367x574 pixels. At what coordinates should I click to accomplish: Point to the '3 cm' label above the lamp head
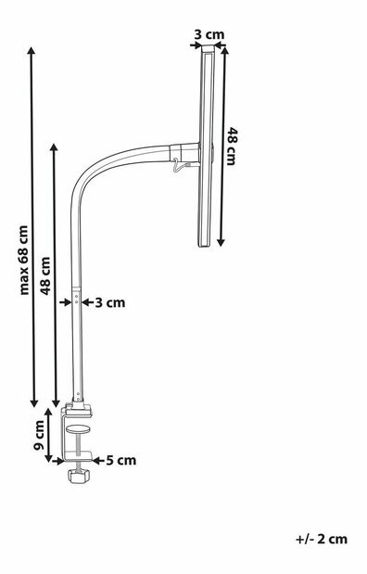[209, 35]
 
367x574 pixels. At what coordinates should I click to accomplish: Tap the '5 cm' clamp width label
[121, 459]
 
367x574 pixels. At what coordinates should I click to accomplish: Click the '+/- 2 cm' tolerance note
[323, 538]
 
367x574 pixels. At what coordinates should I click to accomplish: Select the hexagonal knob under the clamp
[78, 477]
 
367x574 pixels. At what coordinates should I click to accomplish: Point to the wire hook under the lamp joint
[178, 167]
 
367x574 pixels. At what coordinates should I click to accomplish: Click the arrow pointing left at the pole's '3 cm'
[86, 301]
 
